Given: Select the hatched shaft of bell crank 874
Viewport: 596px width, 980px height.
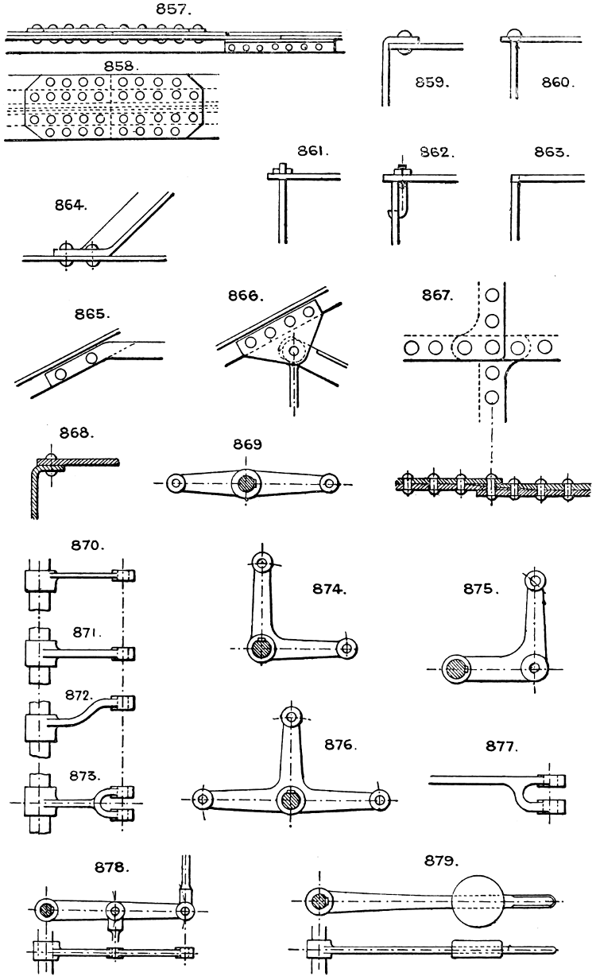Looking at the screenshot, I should coord(260,649).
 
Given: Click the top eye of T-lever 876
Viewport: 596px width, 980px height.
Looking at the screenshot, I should coord(292,718).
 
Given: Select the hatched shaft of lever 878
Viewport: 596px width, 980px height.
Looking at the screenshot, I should coord(48,908).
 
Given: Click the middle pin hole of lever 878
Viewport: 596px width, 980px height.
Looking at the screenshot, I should coord(116,908).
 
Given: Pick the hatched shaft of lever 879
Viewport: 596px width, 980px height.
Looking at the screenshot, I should coord(320,901).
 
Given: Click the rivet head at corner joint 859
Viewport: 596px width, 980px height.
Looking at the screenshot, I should coord(406,35).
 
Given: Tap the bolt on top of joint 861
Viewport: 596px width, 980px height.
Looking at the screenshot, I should coord(281,168).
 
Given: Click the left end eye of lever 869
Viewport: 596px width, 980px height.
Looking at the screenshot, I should coord(178,482).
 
